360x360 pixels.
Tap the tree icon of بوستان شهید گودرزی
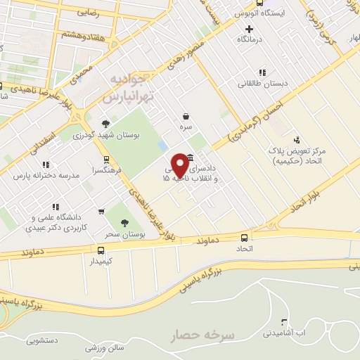106,123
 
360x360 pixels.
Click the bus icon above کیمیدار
101,250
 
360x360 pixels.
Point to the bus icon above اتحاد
245,238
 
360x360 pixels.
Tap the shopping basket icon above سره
185,117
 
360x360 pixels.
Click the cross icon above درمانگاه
248,30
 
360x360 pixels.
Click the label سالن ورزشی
105,346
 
